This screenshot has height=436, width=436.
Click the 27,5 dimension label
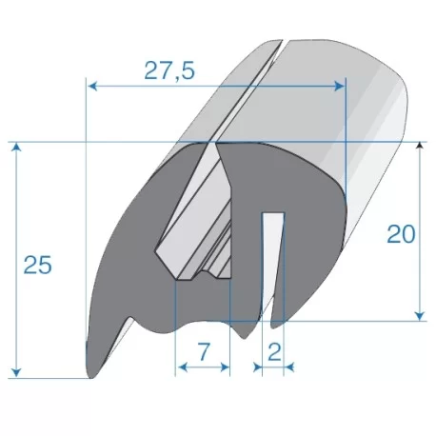(x=169, y=70)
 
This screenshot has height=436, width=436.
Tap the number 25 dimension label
(x=37, y=265)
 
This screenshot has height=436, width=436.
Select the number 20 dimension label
(x=401, y=234)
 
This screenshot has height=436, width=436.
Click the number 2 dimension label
(x=274, y=352)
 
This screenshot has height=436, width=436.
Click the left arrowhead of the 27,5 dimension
(x=92, y=86)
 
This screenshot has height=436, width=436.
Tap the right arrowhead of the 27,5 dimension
(x=339, y=86)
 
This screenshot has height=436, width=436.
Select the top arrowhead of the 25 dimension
(x=16, y=148)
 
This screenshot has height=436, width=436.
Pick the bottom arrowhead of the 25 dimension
(x=16, y=373)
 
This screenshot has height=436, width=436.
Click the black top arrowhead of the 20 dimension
(x=420, y=145)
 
